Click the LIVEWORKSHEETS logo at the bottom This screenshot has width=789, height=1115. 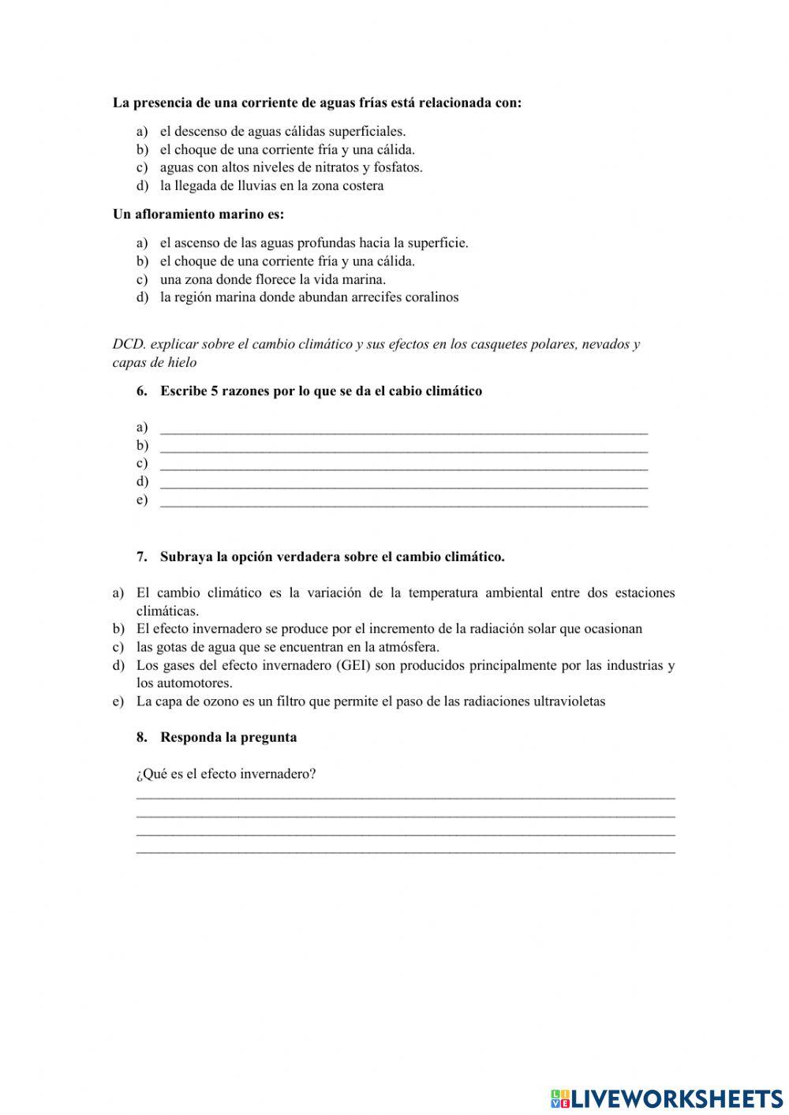point(667,1098)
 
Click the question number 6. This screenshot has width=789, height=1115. point(141,391)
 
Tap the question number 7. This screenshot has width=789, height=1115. point(141,556)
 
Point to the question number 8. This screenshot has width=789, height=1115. point(141,737)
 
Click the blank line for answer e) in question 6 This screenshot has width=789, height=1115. point(403,503)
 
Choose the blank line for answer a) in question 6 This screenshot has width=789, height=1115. point(403,430)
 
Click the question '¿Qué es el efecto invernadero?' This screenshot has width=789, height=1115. point(226,773)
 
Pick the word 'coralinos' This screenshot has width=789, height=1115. point(432,297)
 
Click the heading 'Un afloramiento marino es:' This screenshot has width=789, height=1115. point(198,214)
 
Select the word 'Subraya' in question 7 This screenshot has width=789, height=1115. point(182,556)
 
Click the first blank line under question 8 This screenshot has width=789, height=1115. point(406,795)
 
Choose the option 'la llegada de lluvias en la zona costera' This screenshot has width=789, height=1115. point(271,185)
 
